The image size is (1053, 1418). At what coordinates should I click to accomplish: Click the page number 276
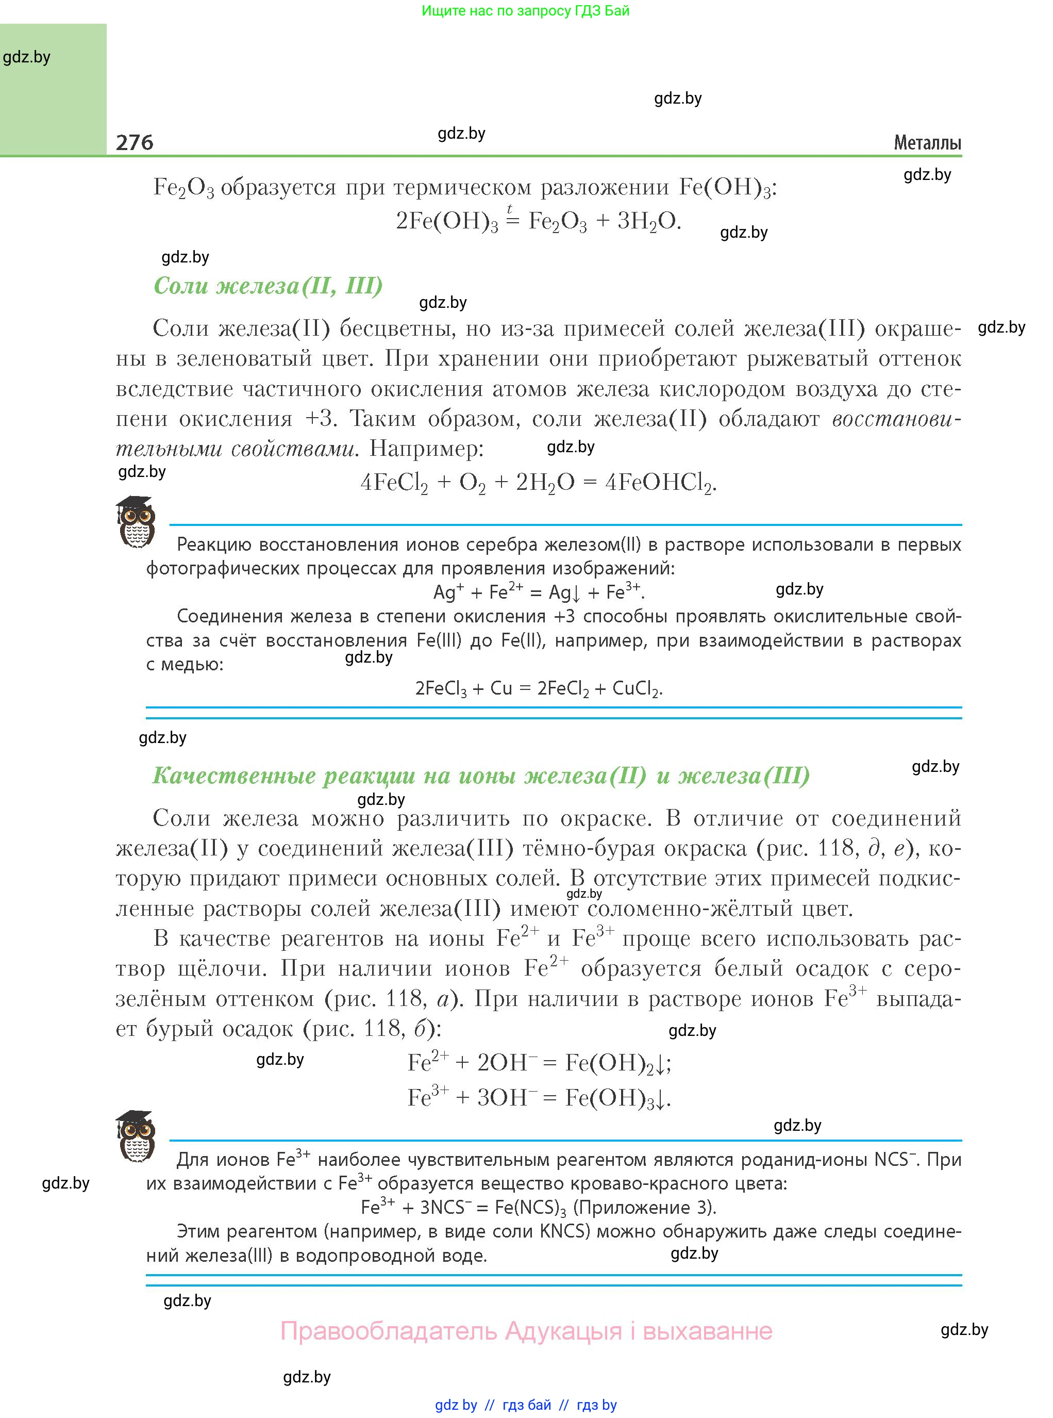coord(135,142)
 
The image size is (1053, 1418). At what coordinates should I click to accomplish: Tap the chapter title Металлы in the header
coord(927,143)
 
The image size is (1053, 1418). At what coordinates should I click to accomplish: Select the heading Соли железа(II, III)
coord(268,285)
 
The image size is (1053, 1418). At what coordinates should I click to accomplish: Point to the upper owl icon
coord(135,521)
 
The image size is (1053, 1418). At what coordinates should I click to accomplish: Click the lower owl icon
coord(135,1135)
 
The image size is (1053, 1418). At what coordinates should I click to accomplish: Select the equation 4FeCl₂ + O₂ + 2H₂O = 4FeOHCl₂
coord(539,483)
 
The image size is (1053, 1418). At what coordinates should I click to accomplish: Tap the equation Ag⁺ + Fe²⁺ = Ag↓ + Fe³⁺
coord(539,592)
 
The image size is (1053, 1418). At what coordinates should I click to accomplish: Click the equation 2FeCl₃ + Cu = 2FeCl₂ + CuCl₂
coord(539,688)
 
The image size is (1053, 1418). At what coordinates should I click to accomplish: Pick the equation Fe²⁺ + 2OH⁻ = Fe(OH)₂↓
coord(539,1062)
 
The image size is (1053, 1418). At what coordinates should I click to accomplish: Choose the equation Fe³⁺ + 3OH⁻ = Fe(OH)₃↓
coord(539,1097)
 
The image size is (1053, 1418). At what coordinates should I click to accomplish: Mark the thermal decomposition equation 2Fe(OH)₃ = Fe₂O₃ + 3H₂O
coord(539,221)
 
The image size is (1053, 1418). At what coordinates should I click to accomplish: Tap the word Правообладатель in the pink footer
coord(388,1331)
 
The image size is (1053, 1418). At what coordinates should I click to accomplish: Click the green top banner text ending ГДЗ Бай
coord(525,11)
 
